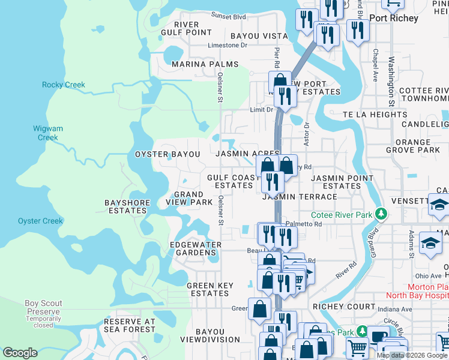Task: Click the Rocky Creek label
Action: pos(64,85)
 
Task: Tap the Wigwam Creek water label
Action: pos(48,133)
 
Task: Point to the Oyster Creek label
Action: pos(40,221)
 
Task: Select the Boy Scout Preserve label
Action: pos(43,308)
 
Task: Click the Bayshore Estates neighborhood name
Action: pos(126,207)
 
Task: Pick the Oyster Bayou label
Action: pos(167,154)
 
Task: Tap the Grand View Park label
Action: pos(193,199)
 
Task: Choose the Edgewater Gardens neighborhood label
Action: pos(196,248)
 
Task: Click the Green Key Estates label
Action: pos(208,290)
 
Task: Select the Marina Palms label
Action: pos(205,64)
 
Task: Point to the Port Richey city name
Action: pos(394,18)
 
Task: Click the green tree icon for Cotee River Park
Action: pos(379,214)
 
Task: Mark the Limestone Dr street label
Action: pos(227,45)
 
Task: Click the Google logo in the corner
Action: pos(20,353)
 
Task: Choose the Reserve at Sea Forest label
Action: pos(130,326)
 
